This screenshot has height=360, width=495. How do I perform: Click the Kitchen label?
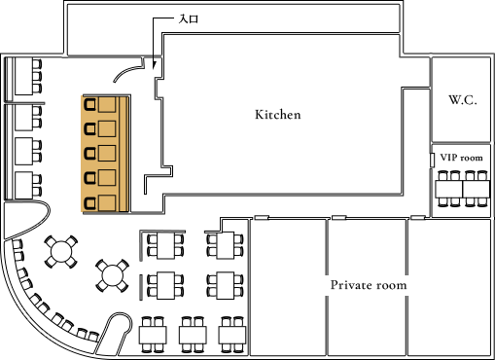pyautogui.click(x=277, y=115)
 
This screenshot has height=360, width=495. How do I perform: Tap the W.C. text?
pyautogui.click(x=462, y=101)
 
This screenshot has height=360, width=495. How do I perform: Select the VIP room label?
pyautogui.click(x=461, y=158)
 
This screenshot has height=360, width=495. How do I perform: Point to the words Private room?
pyautogui.click(x=368, y=285)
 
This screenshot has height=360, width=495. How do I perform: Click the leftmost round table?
pyautogui.click(x=60, y=251)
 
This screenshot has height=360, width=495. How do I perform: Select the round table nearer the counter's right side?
pyautogui.click(x=113, y=275)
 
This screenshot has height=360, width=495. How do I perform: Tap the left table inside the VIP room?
pyautogui.click(x=448, y=189)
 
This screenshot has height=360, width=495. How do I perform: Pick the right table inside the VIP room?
pyautogui.click(x=476, y=189)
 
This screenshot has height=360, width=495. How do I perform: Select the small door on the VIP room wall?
pyautogui.click(x=432, y=159)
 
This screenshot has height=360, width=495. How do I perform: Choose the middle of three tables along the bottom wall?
pyautogui.click(x=191, y=332)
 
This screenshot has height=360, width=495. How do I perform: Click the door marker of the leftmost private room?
pyautogui.click(x=262, y=217)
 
